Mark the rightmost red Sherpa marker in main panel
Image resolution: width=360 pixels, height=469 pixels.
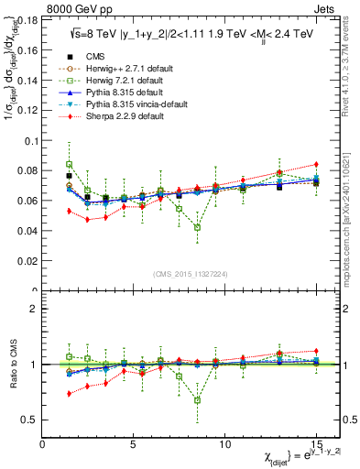[316, 164]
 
